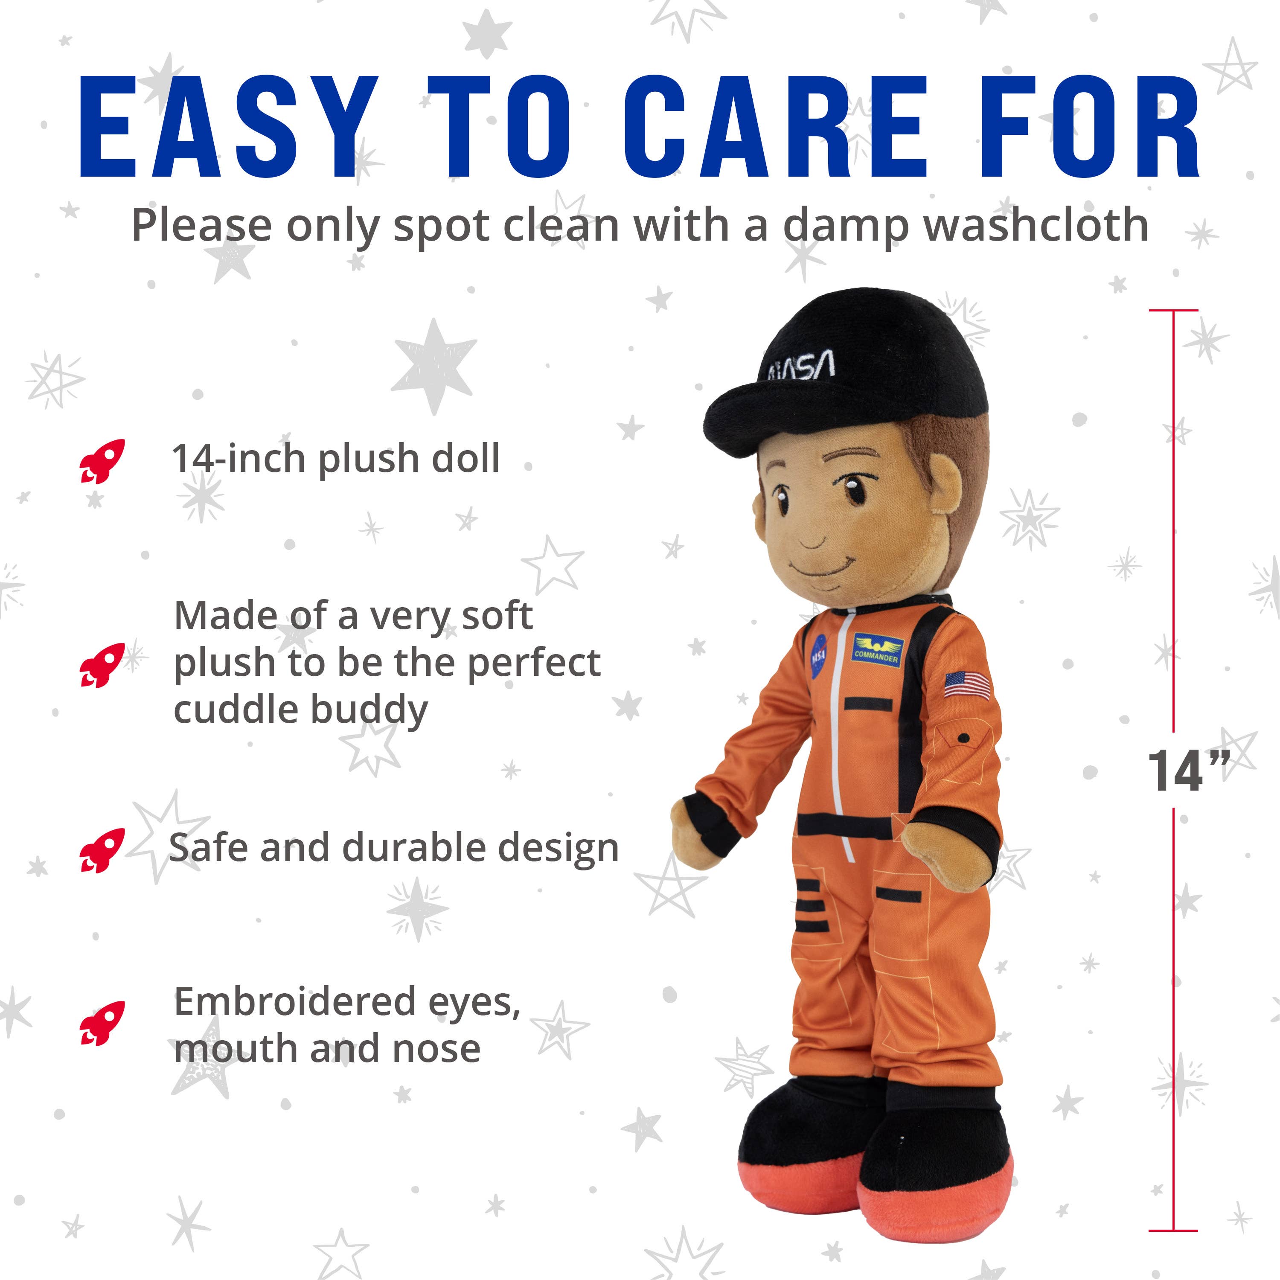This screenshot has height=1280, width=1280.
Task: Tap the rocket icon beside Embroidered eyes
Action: [x=102, y=1023]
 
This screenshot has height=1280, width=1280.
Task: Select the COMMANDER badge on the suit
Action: [x=876, y=651]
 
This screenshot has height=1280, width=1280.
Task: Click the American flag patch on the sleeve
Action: [x=967, y=684]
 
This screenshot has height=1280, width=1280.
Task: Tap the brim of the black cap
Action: [x=755, y=414]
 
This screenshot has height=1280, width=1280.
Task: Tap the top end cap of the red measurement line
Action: [x=1173, y=310]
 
